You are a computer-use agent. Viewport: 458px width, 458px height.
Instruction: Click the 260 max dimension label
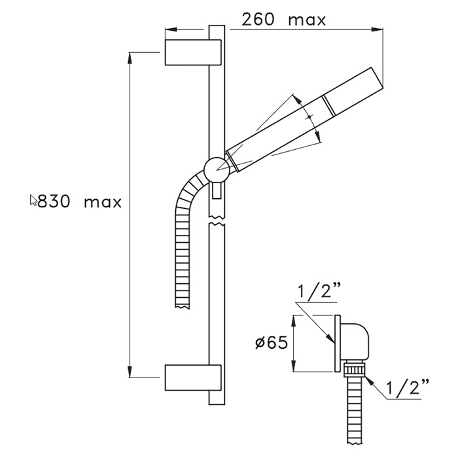point(283,20)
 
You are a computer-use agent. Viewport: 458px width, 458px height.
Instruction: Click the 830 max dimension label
point(79,202)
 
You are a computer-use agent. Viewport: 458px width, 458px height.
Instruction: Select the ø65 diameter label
point(272,342)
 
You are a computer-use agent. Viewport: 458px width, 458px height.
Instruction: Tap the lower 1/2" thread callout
point(408,387)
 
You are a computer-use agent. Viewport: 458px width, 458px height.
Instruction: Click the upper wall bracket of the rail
point(193,52)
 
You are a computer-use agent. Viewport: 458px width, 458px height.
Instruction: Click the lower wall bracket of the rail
point(193,378)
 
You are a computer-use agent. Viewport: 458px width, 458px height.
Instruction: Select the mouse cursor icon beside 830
point(33,200)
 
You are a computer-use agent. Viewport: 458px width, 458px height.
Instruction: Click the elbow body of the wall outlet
point(355,342)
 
